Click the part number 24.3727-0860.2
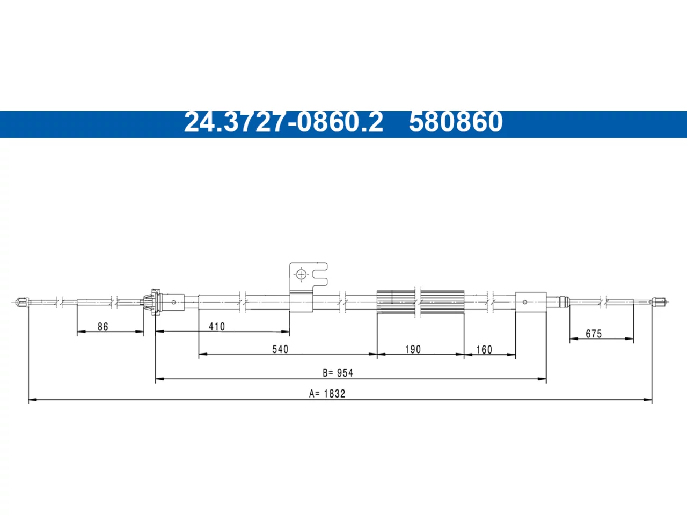point(283,122)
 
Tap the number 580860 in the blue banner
point(456,122)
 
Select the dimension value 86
point(103,327)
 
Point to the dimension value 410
point(217,327)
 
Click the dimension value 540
point(280,349)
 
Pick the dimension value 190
point(413,349)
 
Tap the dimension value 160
point(484,350)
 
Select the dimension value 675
point(594,334)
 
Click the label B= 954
point(338,373)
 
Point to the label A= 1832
point(327,394)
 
